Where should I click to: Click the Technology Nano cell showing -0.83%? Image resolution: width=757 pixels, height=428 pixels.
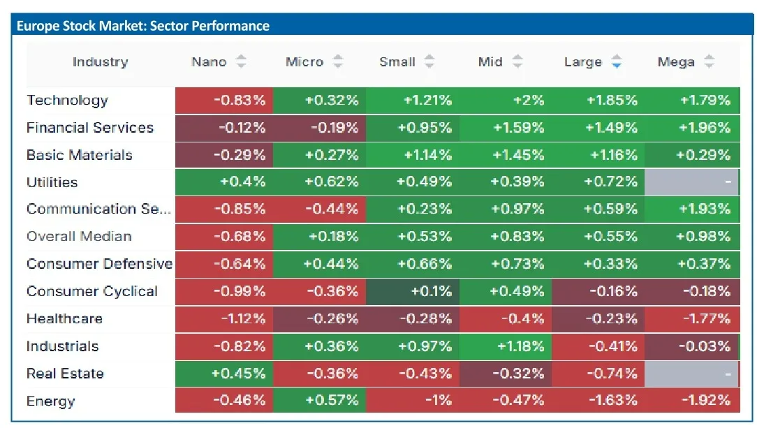[224, 101]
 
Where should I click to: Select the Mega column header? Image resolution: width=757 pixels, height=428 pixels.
[676, 61]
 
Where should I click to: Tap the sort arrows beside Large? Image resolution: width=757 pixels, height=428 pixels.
[616, 61]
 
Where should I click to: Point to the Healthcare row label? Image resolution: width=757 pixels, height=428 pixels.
[64, 319]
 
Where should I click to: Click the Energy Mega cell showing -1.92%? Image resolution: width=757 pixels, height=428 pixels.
[692, 400]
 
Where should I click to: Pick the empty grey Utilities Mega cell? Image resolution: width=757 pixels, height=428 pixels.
[691, 182]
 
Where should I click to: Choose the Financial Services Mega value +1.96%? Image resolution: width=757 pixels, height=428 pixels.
[705, 128]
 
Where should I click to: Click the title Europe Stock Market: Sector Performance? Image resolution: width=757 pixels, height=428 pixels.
[143, 26]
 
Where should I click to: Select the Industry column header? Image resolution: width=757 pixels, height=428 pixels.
[101, 61]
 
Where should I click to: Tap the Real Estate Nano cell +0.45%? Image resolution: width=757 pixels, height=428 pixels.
[224, 374]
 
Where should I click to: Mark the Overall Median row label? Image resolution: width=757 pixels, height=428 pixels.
[79, 237]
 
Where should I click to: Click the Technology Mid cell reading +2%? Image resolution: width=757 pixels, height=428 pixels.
[506, 101]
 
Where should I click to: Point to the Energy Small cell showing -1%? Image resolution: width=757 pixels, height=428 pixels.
[413, 400]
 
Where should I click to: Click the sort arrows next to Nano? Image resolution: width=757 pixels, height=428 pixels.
[241, 61]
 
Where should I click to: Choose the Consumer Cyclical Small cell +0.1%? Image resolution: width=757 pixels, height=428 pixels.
[413, 291]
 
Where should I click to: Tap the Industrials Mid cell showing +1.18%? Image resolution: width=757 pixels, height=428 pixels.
[506, 346]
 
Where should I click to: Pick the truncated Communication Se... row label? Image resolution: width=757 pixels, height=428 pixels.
[99, 209]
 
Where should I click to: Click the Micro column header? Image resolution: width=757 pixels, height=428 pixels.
[304, 61]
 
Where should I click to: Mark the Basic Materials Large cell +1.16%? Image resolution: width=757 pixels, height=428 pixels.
[598, 155]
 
